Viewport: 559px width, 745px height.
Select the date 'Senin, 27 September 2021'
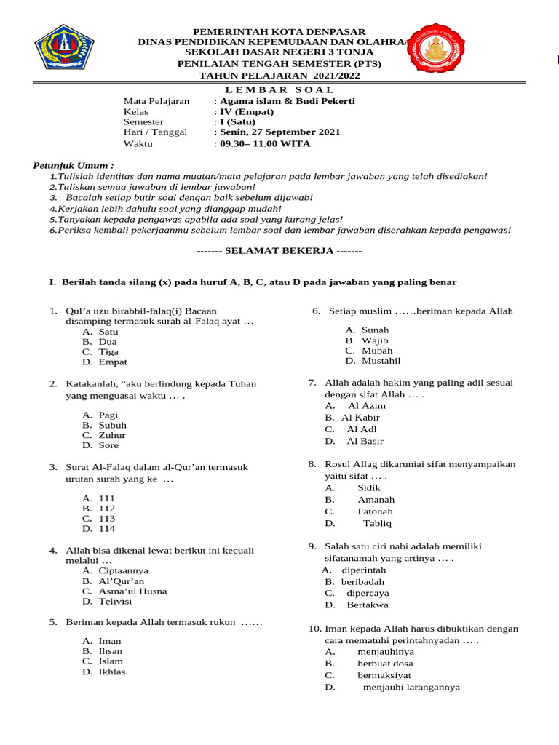point(279,132)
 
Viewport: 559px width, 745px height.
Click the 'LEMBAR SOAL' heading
point(279,89)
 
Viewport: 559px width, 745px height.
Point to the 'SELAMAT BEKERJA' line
point(279,251)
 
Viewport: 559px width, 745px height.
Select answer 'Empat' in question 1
point(113,362)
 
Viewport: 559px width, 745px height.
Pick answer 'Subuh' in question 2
point(113,425)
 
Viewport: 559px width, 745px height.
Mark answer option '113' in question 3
point(107,519)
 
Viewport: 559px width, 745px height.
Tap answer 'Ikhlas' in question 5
point(112,672)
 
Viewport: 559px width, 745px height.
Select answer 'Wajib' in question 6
point(375,340)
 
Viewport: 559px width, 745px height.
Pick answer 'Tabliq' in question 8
point(377,523)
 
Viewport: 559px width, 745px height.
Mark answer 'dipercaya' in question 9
point(367,593)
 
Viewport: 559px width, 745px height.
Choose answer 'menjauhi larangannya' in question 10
point(411,687)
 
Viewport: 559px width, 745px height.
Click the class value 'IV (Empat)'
point(246,112)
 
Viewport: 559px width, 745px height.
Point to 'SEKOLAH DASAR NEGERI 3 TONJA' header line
point(279,52)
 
